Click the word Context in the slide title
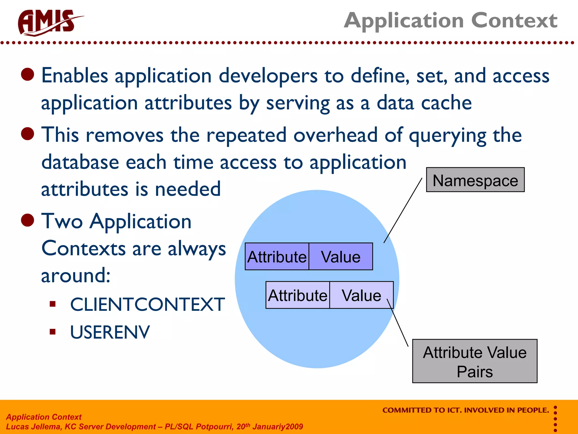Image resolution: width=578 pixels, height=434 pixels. coord(514,20)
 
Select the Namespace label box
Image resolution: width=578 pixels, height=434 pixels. coord(475,180)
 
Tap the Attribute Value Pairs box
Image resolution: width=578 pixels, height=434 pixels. coord(475,361)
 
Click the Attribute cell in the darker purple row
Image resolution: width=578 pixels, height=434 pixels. coord(277,257)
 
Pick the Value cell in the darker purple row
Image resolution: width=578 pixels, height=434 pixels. coord(341,257)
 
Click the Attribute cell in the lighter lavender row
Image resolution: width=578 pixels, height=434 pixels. coord(298,295)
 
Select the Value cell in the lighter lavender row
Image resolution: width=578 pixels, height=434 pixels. coord(361,295)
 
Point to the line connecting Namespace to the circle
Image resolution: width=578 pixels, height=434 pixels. coord(403,211)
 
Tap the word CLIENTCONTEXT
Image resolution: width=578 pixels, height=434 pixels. coord(147,305)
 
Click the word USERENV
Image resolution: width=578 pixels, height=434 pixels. coord(110,332)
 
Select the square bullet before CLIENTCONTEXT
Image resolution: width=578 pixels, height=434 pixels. coord(52,304)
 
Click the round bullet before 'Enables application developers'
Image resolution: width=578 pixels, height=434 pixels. coord(28,74)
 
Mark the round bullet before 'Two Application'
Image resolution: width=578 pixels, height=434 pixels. coord(28,220)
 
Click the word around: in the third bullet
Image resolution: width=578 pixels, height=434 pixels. coord(76,275)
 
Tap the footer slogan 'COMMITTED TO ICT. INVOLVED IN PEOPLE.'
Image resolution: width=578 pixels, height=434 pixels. coord(466,410)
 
